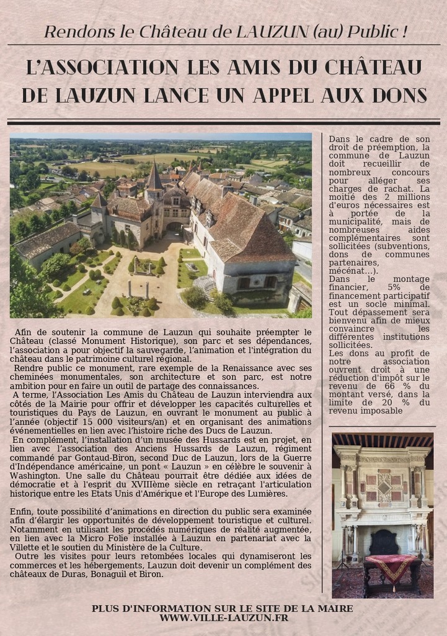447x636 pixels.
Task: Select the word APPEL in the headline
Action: [304, 95]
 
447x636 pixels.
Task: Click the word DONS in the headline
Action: [399, 95]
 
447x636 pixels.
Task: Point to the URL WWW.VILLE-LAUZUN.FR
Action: [223, 618]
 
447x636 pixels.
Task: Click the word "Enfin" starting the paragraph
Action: [22, 511]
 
